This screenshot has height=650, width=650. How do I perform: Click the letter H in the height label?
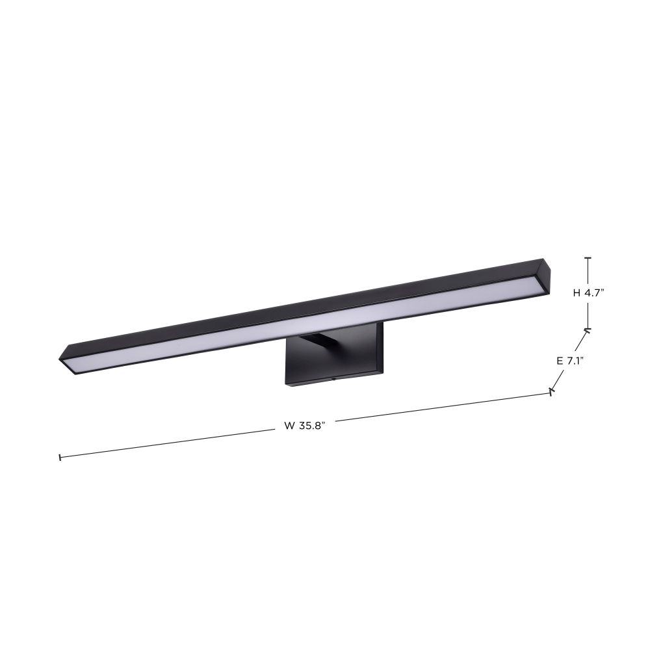pyautogui.click(x=577, y=293)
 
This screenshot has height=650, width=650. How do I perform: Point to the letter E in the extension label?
pyautogui.click(x=560, y=361)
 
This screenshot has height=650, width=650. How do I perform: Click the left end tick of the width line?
pyautogui.click(x=60, y=457)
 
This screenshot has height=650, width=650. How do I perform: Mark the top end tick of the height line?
pyautogui.click(x=588, y=258)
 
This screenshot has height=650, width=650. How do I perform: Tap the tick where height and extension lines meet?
pyautogui.click(x=587, y=330)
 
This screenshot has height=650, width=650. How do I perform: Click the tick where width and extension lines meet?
pyautogui.click(x=551, y=391)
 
